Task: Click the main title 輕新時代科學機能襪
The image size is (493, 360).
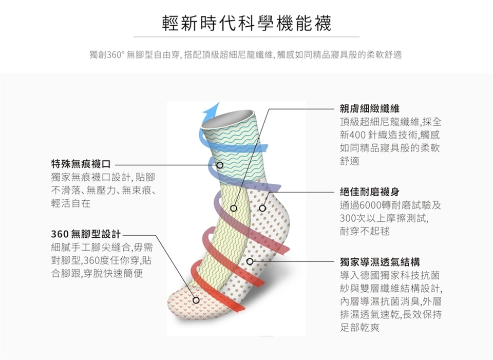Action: click(246, 23)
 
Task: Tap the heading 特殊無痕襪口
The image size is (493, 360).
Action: click(81, 164)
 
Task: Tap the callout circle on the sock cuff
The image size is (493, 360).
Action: click(219, 165)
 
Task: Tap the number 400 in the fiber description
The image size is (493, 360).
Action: click(358, 136)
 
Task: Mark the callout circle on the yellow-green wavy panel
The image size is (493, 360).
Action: click(233, 209)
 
